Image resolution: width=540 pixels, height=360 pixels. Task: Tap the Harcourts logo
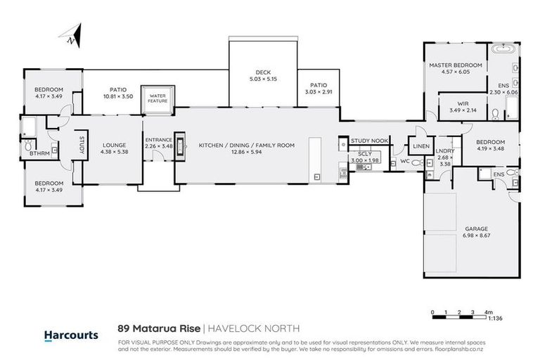(71, 335)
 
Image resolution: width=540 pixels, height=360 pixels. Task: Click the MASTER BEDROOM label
(456, 65)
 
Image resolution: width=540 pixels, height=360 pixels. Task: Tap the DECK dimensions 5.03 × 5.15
(263, 79)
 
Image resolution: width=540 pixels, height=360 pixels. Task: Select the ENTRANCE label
(158, 140)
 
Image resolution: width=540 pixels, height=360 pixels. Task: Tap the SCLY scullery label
(364, 153)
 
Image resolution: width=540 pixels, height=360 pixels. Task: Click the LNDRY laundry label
(444, 151)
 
